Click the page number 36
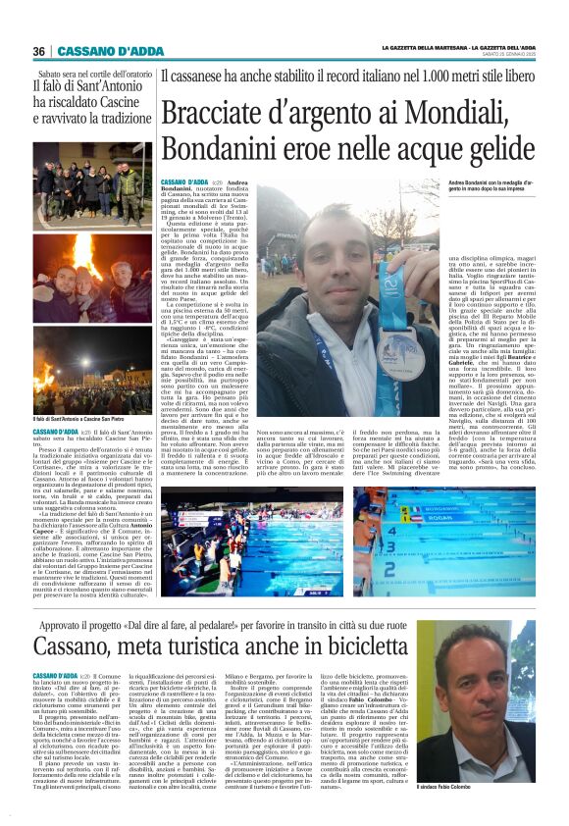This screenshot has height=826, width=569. tap(39, 51)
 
